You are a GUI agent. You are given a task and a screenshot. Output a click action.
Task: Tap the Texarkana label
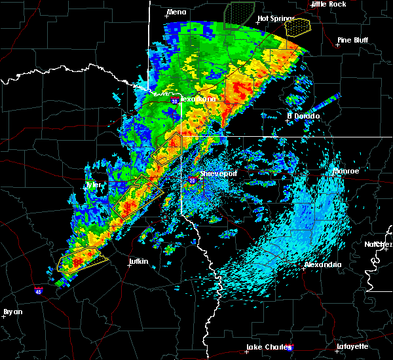[x=196, y=99]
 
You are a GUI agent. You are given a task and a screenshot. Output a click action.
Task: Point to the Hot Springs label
[x=273, y=18]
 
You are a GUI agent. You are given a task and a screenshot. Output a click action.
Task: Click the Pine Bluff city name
[x=353, y=40]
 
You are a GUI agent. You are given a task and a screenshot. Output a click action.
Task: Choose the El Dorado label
[x=303, y=116]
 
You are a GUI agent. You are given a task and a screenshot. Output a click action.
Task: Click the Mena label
[x=176, y=12]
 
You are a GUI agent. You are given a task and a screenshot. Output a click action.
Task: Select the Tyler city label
[x=93, y=185]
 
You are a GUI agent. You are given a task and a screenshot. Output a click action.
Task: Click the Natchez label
[x=379, y=244]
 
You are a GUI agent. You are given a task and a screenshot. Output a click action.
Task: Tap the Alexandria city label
[x=322, y=264]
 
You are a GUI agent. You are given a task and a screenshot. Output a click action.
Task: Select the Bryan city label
[x=12, y=312]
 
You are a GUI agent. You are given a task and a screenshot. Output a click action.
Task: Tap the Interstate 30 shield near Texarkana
[x=174, y=101]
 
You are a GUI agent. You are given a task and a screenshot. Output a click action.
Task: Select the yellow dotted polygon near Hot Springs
[x=298, y=26]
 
